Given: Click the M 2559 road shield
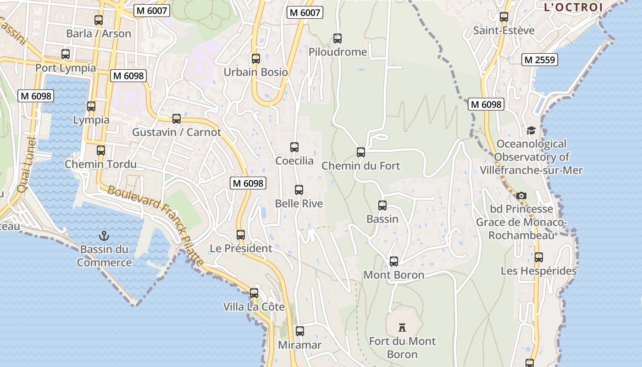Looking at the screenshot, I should pos(540,60).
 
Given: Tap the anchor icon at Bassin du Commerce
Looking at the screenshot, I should pos(105,236).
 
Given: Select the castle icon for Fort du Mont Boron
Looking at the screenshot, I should pos(402,328).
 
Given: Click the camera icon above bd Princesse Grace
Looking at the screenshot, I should pos(521,196).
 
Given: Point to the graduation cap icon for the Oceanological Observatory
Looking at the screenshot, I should pos(531,131).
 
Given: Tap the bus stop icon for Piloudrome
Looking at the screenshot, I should pos(338,39).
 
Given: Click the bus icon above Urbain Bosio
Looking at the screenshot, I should pos(256,59).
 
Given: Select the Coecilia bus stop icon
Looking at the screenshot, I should pos(294,147).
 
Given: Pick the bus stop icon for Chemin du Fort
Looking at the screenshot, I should pos(361,152).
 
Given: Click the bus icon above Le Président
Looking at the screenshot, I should pos(241,235).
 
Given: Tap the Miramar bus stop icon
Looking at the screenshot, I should pos(300,331).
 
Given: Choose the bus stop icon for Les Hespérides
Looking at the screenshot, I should pos(539,257).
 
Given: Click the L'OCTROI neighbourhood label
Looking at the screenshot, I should pos(573,7).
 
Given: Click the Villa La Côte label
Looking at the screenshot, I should pos(254,307).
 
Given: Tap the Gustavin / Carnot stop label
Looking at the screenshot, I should pos(177,133).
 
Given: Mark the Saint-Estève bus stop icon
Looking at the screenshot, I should pos(504,17).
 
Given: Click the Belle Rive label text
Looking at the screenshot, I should pos(299,204).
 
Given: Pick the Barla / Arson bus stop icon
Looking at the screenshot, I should pos(99,20).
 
